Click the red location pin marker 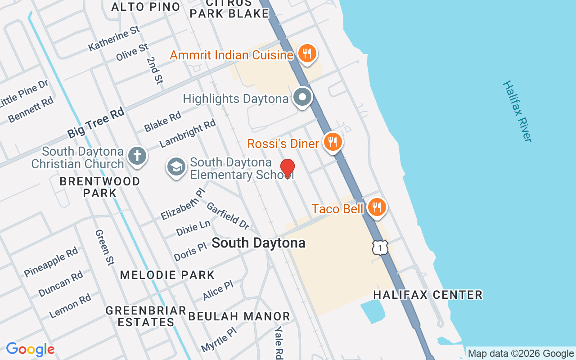(x=288, y=169)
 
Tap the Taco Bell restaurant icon (x=377, y=207)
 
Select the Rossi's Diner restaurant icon (x=333, y=143)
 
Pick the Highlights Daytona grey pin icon (x=302, y=97)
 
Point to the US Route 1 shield (x=380, y=247)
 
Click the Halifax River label (x=517, y=111)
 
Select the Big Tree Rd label (x=96, y=123)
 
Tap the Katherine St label (x=114, y=38)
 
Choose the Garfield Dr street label (x=228, y=215)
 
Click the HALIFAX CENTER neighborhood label (x=428, y=295)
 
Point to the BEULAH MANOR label (x=239, y=316)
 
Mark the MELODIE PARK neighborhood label (x=167, y=274)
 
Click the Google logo (x=30, y=349)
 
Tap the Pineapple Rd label (x=51, y=262)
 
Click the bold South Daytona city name (x=258, y=243)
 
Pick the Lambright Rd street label (x=188, y=133)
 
